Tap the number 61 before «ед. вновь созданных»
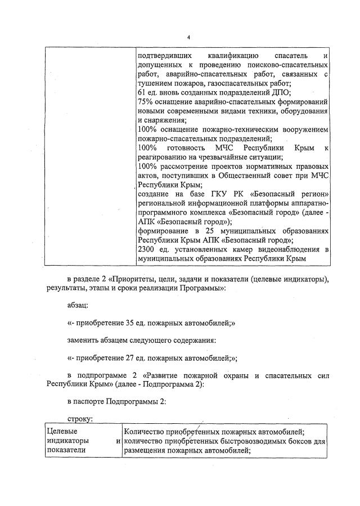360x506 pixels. [142, 93]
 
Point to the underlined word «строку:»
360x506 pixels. [79, 419]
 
